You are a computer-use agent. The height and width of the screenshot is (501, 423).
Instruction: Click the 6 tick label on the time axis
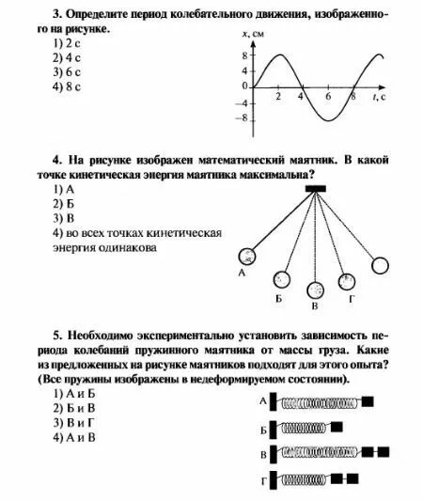(x=328, y=97)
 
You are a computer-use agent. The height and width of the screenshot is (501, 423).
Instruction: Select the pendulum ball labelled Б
(x=281, y=279)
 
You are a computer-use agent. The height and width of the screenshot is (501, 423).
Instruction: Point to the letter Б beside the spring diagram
(x=264, y=429)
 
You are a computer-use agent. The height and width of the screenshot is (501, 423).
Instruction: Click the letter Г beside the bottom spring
(x=264, y=481)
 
